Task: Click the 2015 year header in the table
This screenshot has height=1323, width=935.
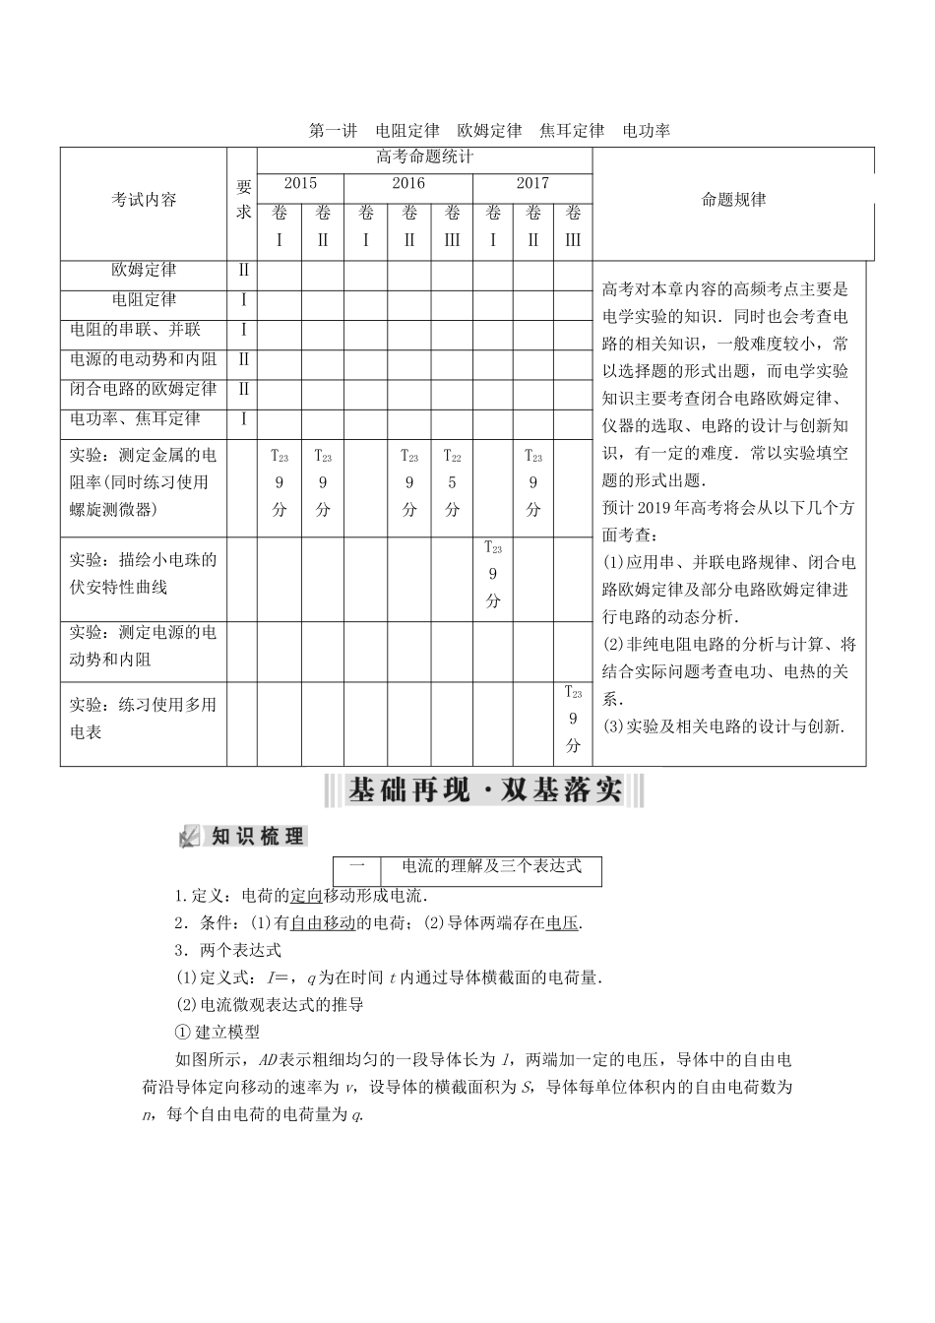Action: click(x=300, y=184)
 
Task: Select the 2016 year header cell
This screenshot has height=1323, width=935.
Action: click(x=408, y=184)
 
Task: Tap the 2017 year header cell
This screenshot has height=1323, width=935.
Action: click(x=532, y=184)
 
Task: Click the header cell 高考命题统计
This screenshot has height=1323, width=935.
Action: click(x=424, y=157)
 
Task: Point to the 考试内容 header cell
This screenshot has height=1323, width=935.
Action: click(x=144, y=200)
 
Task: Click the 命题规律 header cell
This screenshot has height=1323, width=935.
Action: click(x=733, y=200)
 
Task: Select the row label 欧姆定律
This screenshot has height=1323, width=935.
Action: click(x=144, y=270)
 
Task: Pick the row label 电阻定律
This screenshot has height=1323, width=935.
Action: click(x=144, y=300)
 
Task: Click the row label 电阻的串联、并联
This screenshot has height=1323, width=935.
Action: click(x=135, y=330)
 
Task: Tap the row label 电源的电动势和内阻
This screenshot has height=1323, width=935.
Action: click(x=144, y=359)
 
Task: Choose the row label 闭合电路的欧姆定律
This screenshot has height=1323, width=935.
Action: click(x=144, y=389)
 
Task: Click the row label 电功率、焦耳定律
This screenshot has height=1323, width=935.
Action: click(x=135, y=418)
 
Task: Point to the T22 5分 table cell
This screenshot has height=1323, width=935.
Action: click(x=452, y=482)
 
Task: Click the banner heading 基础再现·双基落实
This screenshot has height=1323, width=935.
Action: click(x=485, y=790)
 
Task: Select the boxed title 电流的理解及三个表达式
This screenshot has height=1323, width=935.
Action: click(x=491, y=866)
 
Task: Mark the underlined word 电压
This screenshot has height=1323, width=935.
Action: click(x=562, y=923)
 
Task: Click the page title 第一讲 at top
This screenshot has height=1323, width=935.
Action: click(x=333, y=130)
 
